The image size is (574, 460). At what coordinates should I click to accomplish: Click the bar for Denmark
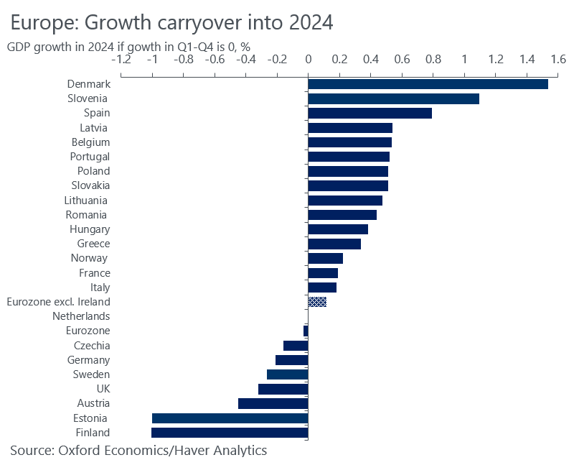[x=428, y=84]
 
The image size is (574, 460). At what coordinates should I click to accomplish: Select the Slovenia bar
[x=393, y=98]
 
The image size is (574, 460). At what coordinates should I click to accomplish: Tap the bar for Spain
[x=370, y=113]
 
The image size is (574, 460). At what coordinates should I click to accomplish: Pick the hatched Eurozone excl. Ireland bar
[x=317, y=302]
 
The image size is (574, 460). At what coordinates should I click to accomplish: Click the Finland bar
[x=230, y=433]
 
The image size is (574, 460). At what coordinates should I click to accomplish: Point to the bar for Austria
[x=273, y=403]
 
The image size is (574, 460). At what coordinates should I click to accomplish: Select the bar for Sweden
[x=287, y=374]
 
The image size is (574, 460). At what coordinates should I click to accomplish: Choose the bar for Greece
[x=334, y=244]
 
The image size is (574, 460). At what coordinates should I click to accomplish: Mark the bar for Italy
[x=322, y=287]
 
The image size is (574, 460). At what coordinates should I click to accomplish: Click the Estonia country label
[x=90, y=418]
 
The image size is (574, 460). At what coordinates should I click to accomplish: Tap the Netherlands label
[x=81, y=316]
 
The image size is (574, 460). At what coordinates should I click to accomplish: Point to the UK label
[x=103, y=389]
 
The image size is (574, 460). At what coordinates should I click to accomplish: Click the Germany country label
[x=89, y=360]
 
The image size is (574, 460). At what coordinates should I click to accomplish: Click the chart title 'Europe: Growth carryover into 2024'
[x=171, y=22]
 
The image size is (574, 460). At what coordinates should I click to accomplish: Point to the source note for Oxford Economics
[x=138, y=451]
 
